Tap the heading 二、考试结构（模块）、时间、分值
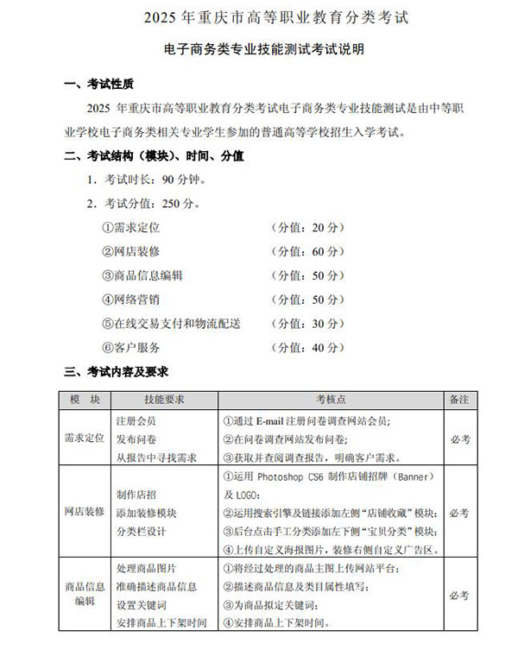(155, 156)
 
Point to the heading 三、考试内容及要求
(117, 372)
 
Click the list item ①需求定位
(131, 228)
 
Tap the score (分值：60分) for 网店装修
(306, 251)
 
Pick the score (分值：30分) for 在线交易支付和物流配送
(306, 324)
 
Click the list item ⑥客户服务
(131, 347)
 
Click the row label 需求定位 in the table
(85, 438)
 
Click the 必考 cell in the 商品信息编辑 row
(459, 596)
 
